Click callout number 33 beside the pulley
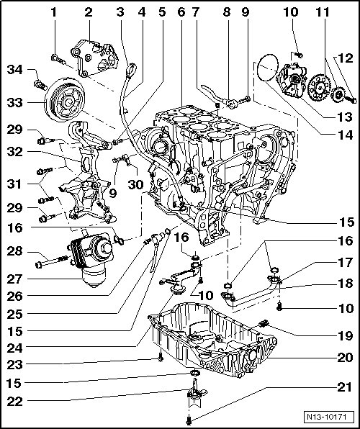(14, 103)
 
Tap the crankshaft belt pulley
(65, 99)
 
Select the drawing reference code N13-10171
(326, 417)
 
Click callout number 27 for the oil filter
(14, 279)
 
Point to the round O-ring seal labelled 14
(267, 67)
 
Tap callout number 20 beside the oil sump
(345, 357)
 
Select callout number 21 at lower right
(345, 387)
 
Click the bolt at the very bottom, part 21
(189, 420)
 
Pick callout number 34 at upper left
(14, 70)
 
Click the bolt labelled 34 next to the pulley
(40, 84)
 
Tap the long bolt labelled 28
(51, 261)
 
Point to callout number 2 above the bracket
(89, 12)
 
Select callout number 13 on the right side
(345, 117)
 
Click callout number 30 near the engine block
(136, 185)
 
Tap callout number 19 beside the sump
(345, 335)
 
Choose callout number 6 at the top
(181, 12)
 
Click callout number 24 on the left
(14, 348)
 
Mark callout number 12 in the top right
(345, 58)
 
